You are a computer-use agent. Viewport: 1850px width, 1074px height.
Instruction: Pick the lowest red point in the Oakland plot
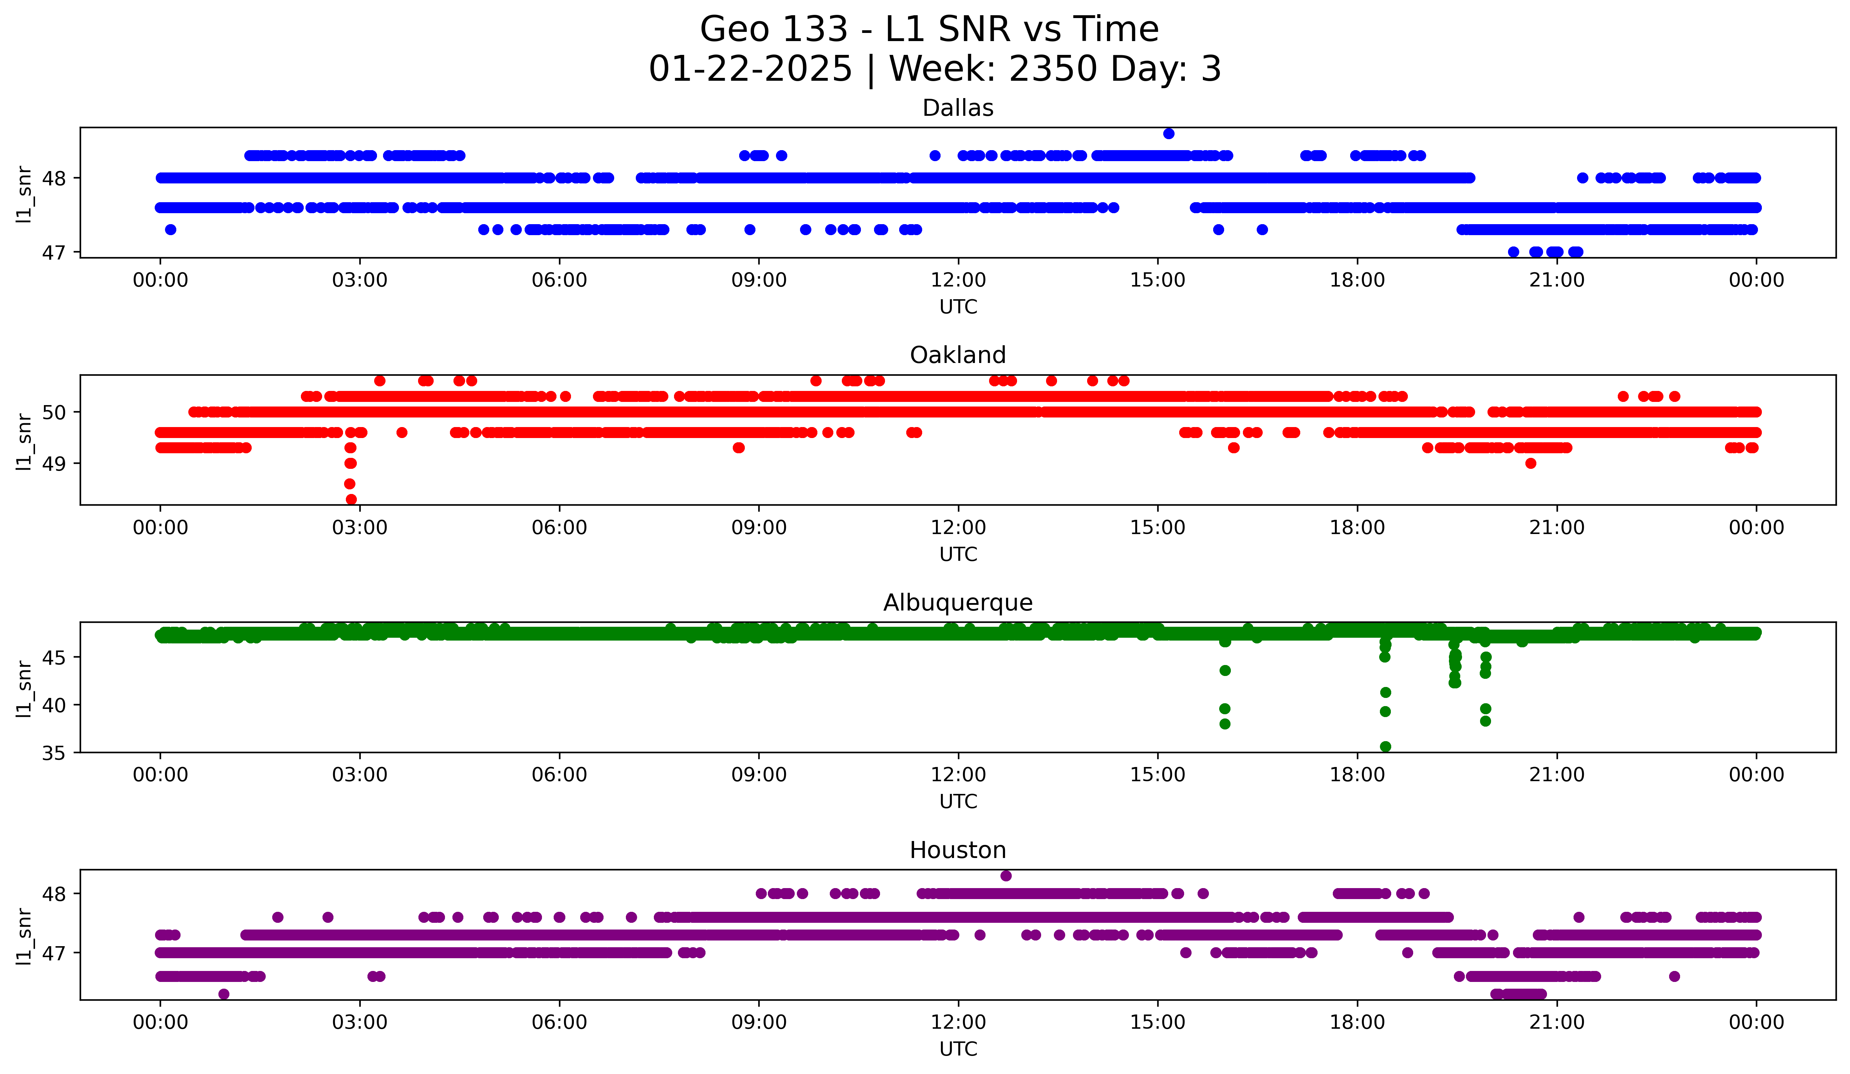click(x=351, y=499)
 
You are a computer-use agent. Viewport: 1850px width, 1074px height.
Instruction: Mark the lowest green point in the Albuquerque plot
click(x=1385, y=746)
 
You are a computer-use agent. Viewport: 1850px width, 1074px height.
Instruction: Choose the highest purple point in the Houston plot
click(x=1006, y=876)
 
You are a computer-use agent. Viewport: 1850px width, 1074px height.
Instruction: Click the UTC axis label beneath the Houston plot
click(x=958, y=1049)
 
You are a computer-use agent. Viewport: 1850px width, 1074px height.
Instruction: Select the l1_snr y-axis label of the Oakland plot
click(x=24, y=441)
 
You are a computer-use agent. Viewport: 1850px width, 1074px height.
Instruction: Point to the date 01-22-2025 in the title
click(x=750, y=69)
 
